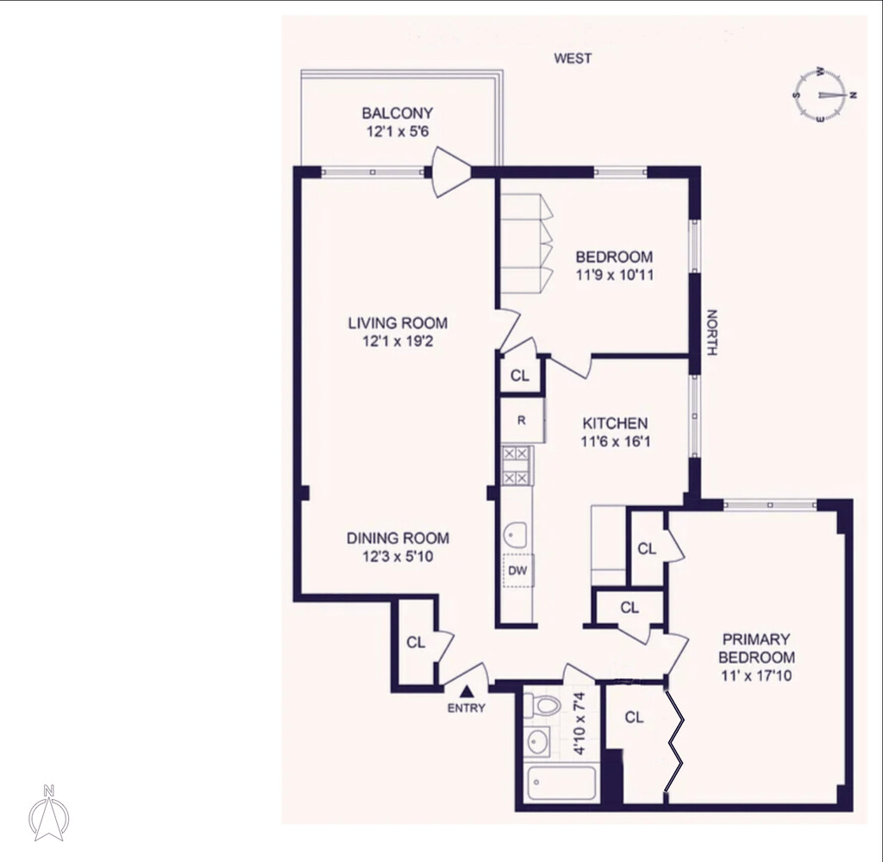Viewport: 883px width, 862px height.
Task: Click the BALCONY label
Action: [x=397, y=113]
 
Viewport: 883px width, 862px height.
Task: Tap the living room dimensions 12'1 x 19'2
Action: [x=398, y=341]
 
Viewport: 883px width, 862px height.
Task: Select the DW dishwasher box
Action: [x=517, y=571]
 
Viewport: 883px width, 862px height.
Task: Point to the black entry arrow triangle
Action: [x=467, y=690]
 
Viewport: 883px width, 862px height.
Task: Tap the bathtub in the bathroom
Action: [x=560, y=784]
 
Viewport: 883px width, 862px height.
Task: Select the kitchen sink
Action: [x=516, y=534]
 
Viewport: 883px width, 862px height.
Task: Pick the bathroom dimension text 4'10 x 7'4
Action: [x=579, y=723]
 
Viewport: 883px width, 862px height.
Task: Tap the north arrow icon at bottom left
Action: [x=49, y=813]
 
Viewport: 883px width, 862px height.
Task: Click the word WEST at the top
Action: [x=573, y=58]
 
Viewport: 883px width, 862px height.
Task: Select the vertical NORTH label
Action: [x=711, y=333]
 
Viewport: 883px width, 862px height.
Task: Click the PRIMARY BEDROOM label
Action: [x=756, y=648]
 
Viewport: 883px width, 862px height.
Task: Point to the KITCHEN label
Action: [x=615, y=423]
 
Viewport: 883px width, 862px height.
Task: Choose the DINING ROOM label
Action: [x=398, y=538]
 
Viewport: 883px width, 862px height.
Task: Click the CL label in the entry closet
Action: [x=416, y=642]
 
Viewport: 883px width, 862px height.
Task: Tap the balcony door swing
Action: [x=451, y=172]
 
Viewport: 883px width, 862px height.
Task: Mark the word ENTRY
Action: [x=467, y=709]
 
